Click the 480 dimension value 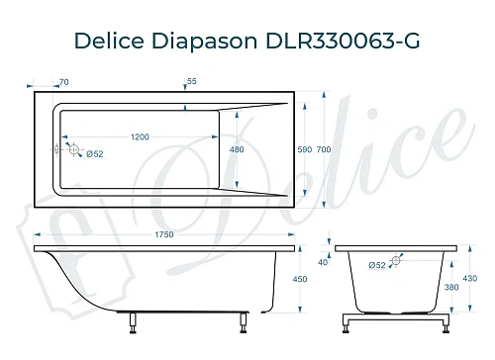tap(237, 149)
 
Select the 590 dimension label tap(305, 149)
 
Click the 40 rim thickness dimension tap(323, 262)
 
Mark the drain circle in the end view tap(396, 261)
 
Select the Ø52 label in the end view tap(376, 265)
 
